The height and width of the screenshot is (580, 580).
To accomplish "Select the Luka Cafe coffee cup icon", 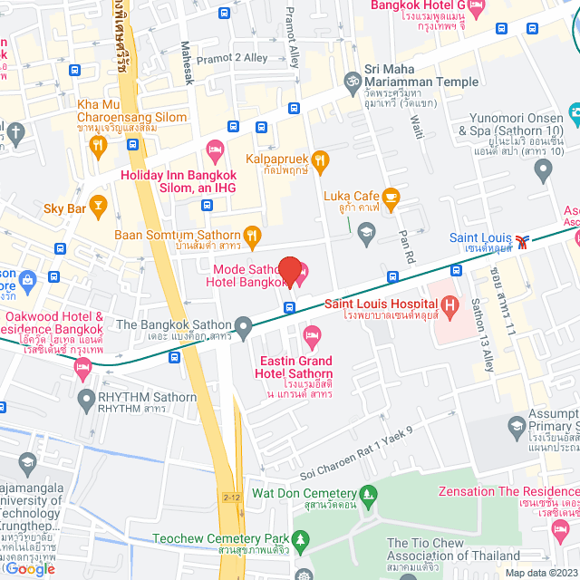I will [x=391, y=196].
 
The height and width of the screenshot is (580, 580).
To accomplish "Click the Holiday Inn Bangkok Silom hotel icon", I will [x=215, y=148].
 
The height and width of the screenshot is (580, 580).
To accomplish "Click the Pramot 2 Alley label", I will [x=232, y=57].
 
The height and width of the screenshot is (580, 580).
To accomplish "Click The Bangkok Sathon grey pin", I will [x=242, y=324].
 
